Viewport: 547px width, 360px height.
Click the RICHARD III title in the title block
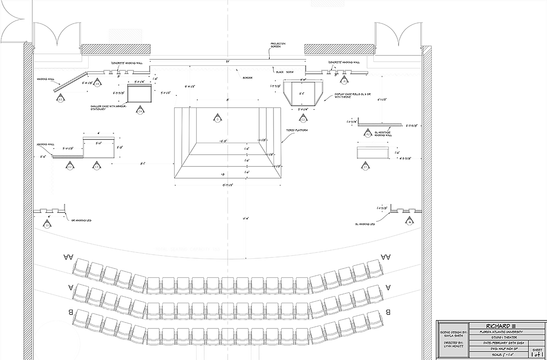click(x=497, y=326)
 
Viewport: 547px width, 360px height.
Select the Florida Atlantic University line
click(x=497, y=332)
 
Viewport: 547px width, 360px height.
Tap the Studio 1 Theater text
click(x=497, y=337)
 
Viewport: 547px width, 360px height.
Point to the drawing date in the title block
click(x=497, y=343)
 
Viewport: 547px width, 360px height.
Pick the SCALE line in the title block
click(x=497, y=355)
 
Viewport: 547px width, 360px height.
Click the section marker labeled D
click(x=217, y=119)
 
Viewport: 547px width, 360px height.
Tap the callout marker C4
click(x=140, y=111)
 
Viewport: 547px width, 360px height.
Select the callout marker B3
click(x=60, y=99)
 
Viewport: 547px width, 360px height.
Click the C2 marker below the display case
click(x=303, y=119)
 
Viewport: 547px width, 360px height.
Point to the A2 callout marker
click(x=368, y=134)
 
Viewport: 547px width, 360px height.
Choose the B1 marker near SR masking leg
click(x=48, y=224)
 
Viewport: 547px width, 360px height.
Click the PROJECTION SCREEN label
click(x=278, y=45)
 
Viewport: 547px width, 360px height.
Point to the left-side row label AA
click(x=68, y=257)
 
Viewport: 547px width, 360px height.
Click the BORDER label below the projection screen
click(x=248, y=78)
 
